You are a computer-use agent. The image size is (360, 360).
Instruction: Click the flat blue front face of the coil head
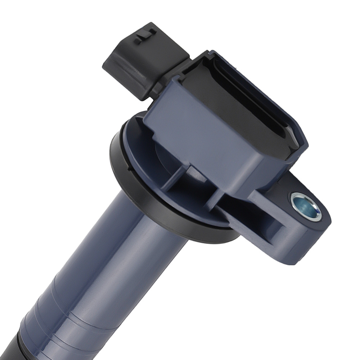[202, 144]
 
